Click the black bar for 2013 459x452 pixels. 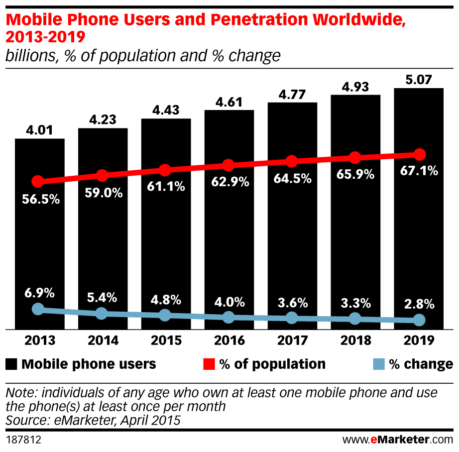pyautogui.click(x=39, y=234)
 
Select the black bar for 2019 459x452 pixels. pyautogui.click(x=419, y=209)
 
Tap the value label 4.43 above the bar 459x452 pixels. pyautogui.click(x=166, y=110)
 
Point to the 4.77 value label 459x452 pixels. pyautogui.click(x=292, y=94)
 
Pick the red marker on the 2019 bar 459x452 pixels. pyautogui.click(x=419, y=154)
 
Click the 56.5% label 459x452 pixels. pyautogui.click(x=40, y=200)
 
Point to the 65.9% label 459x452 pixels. pyautogui.click(x=355, y=177)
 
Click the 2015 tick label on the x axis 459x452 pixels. pyautogui.click(x=166, y=340)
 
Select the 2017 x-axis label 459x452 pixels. pyautogui.click(x=292, y=340)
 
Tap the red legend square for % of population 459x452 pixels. pyautogui.click(x=209, y=364)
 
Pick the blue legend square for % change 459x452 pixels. pyautogui.click(x=378, y=364)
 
